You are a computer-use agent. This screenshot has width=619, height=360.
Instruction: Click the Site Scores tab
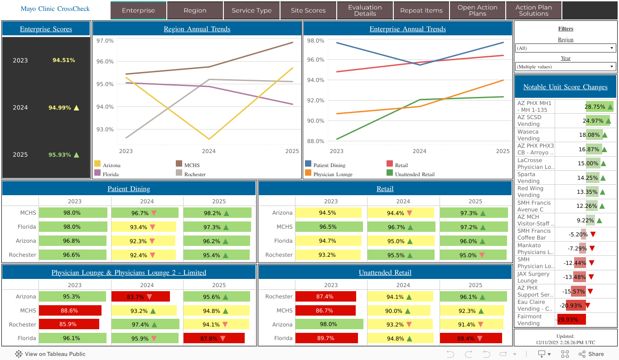[x=308, y=10]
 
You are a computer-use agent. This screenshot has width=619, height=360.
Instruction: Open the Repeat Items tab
[x=421, y=10]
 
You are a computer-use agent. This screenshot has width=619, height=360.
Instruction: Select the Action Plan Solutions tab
[x=533, y=10]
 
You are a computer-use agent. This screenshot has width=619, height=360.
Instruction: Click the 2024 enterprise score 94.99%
[x=60, y=108]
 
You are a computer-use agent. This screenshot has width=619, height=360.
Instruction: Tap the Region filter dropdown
[x=566, y=48]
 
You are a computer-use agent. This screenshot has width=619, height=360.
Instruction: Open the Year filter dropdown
[x=566, y=67]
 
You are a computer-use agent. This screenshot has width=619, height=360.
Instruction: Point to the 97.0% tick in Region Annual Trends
[x=105, y=41]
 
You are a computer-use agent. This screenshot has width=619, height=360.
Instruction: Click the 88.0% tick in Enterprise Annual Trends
[x=316, y=141]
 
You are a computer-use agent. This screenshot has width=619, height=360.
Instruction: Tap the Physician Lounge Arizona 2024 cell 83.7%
[x=140, y=297]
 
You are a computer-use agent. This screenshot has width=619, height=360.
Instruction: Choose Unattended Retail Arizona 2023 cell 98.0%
[x=329, y=324]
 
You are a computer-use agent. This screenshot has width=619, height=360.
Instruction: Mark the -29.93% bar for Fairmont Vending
[x=571, y=320]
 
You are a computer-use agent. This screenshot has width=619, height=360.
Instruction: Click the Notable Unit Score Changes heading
[x=565, y=87]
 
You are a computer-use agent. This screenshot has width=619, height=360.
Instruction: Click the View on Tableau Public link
[x=50, y=354]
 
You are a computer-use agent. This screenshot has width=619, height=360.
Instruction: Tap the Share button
[x=591, y=354]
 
